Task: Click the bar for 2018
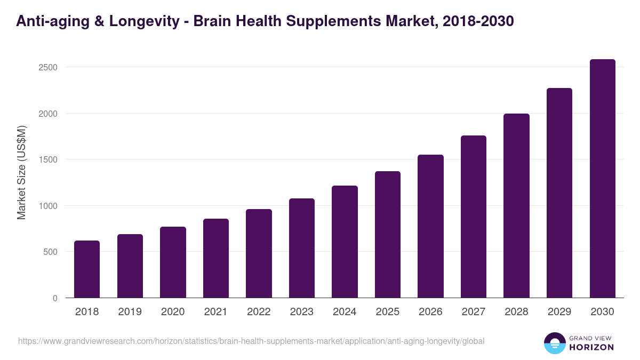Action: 87,269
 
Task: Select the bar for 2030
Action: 602,178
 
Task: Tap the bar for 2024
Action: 345,242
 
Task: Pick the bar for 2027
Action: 474,217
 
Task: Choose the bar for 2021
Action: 216,258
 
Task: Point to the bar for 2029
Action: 559,193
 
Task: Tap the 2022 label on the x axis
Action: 259,312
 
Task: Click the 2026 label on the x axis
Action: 430,312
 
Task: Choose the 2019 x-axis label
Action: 130,312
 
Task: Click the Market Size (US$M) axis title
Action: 21,172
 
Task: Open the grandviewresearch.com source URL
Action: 251,341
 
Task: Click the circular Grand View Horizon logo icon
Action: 555,343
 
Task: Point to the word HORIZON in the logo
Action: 592,347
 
